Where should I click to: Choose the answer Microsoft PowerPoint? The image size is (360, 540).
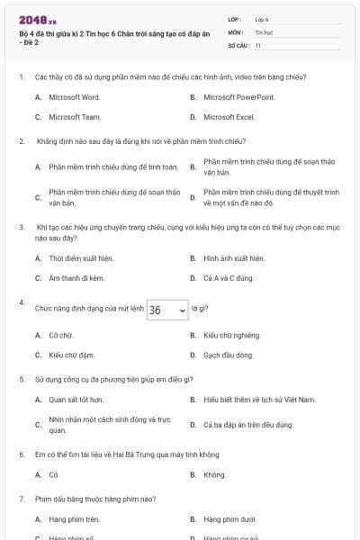[238, 96]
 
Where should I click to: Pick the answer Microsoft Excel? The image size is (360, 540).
[229, 117]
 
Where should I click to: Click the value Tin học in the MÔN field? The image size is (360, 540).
[263, 31]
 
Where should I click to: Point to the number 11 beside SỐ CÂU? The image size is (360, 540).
[258, 44]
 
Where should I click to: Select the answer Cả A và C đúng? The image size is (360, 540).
[229, 278]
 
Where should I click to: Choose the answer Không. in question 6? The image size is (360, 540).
[214, 474]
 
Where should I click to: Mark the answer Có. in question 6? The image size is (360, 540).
[54, 474]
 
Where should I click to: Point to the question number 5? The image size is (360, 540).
[22, 379]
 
